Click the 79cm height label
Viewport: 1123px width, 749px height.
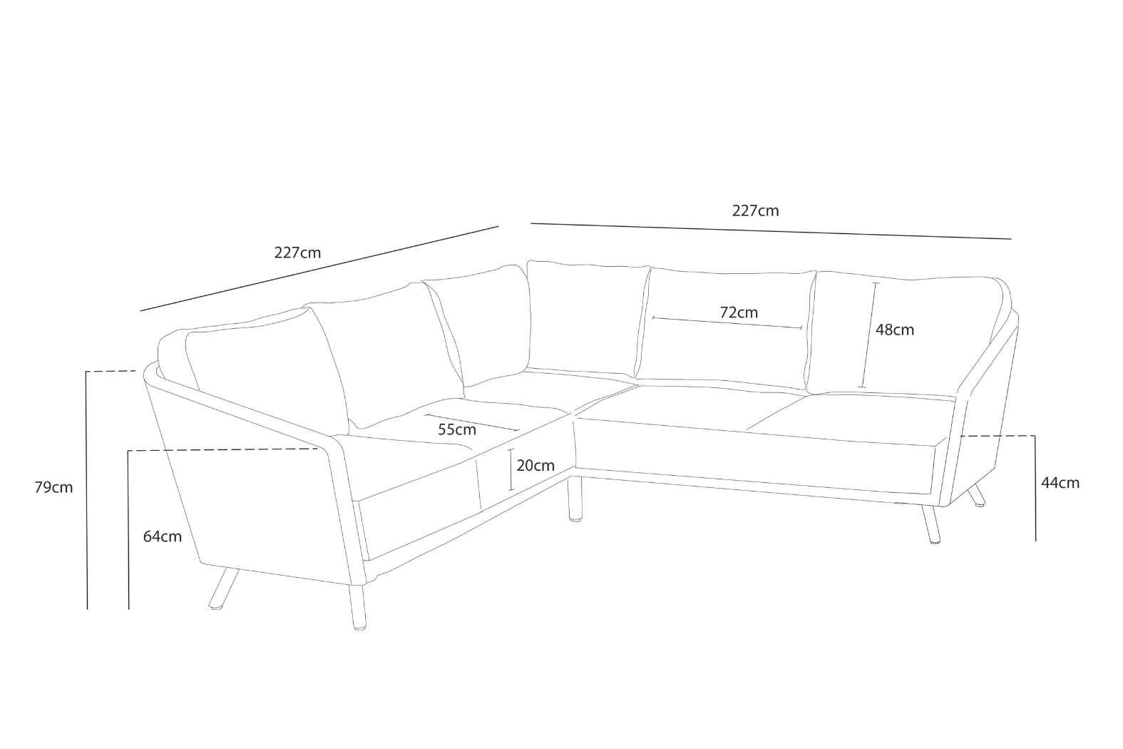tap(53, 488)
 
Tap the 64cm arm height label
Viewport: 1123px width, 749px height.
tap(163, 536)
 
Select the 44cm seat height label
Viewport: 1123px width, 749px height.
tap(1060, 483)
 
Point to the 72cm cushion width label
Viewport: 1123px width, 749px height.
tap(739, 312)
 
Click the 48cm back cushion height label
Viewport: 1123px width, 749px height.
tap(895, 330)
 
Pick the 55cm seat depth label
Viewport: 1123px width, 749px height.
tap(457, 430)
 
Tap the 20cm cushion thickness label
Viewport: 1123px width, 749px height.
tap(535, 466)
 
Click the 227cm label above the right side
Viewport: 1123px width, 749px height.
tap(755, 211)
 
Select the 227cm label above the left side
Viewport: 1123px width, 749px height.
tap(297, 253)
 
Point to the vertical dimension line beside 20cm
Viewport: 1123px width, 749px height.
tap(511, 470)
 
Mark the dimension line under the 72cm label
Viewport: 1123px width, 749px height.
tap(727, 322)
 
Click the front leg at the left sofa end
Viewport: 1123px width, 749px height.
tap(359, 606)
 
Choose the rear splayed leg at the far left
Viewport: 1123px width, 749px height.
tap(223, 588)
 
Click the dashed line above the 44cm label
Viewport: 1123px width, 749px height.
tap(998, 435)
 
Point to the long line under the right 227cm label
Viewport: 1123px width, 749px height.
tap(770, 231)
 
